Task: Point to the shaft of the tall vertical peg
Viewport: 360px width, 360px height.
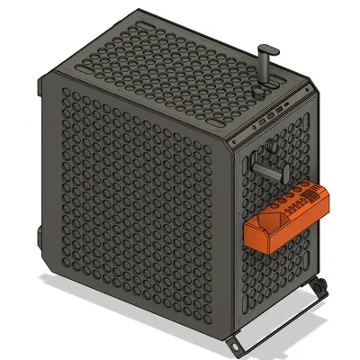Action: click(266, 67)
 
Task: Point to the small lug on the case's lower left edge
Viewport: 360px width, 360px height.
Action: click(40, 236)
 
